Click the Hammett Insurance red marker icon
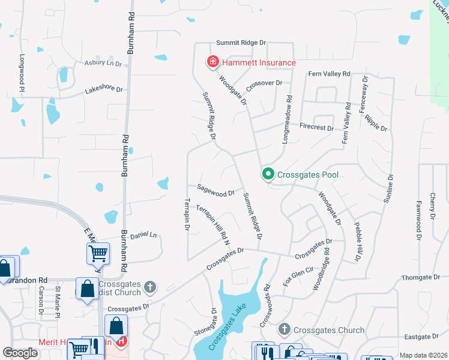tap(212, 62)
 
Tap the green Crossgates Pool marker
tap(268, 175)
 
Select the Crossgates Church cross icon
tap(285, 329)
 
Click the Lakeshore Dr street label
tap(104, 89)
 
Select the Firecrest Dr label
tap(316, 127)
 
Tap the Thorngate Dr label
tap(421, 277)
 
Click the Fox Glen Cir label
tap(298, 274)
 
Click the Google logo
tap(20, 352)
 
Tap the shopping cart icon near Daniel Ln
tap(98, 253)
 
